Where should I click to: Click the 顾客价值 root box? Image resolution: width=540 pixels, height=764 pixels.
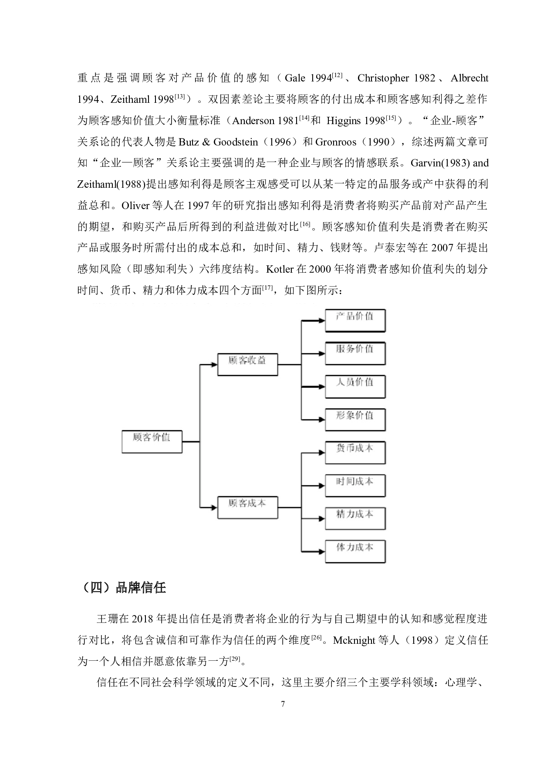point(152,442)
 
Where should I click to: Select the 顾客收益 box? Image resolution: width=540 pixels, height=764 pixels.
point(247,365)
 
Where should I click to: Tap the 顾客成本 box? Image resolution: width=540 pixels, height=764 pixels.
point(247,507)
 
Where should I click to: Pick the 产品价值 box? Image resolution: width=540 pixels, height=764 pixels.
point(355,321)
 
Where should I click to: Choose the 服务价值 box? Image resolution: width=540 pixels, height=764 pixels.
point(355,353)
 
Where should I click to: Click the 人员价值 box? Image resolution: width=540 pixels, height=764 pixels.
point(355,386)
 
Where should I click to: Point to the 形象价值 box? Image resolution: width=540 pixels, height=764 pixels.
point(355,419)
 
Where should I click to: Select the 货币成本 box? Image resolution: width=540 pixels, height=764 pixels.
point(355,453)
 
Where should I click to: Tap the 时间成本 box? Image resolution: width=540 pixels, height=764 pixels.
point(355,486)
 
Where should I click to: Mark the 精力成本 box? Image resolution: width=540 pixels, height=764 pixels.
point(355,518)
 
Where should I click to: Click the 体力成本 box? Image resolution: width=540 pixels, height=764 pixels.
point(355,551)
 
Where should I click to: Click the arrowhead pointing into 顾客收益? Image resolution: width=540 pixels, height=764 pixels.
point(214,365)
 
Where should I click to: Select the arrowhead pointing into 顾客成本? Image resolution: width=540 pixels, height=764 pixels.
point(214,507)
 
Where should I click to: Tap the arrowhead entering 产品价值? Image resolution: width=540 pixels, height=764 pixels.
point(322,321)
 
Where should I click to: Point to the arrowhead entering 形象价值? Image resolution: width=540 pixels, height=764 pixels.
point(322,419)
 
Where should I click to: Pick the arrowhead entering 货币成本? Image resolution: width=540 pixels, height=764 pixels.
point(322,453)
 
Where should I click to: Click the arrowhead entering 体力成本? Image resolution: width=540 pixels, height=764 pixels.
point(322,551)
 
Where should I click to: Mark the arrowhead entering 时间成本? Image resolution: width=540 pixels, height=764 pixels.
point(322,486)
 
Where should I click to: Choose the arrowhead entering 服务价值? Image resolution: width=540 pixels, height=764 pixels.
point(322,353)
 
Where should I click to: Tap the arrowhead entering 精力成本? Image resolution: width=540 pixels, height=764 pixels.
point(322,518)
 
